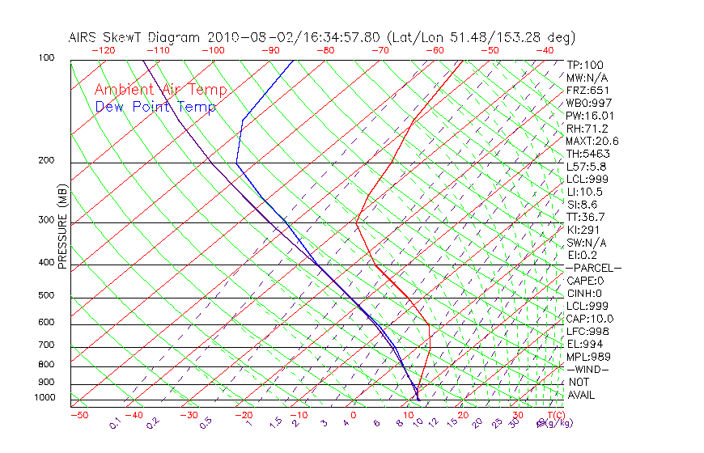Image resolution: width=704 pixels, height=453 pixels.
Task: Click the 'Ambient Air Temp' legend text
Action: [x=161, y=90]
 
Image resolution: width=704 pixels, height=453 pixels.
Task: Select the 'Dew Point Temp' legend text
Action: [x=155, y=107]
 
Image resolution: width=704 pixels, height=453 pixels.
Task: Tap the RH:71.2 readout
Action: [x=587, y=129]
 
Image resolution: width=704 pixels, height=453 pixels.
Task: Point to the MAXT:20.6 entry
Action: [x=592, y=142]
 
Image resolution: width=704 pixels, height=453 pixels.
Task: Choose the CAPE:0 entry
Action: [x=585, y=281]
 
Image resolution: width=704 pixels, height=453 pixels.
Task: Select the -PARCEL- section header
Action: [x=593, y=268]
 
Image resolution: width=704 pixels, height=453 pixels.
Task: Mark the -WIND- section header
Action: [x=588, y=369]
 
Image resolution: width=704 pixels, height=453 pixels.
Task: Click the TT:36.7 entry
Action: [x=586, y=217]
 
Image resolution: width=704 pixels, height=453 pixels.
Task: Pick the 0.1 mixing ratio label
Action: [x=115, y=422]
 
